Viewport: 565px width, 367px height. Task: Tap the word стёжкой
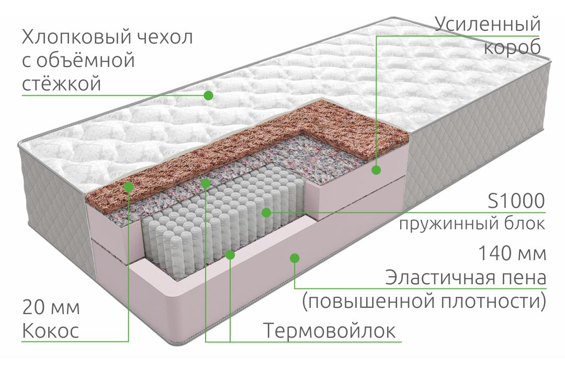[61, 84]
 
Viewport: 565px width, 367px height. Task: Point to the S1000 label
[516, 201]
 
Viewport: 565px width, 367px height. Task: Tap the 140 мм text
[512, 253]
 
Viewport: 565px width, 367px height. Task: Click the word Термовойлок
[330, 330]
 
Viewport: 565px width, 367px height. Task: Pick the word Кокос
[50, 331]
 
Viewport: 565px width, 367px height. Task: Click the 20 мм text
[51, 307]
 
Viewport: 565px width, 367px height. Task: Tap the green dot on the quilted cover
[208, 95]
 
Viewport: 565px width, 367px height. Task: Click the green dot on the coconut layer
[128, 186]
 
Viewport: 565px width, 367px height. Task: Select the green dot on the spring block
[266, 213]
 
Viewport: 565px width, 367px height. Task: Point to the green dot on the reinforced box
[376, 170]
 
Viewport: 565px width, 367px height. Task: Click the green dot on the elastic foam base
[295, 258]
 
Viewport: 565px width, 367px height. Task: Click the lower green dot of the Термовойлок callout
[230, 255]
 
